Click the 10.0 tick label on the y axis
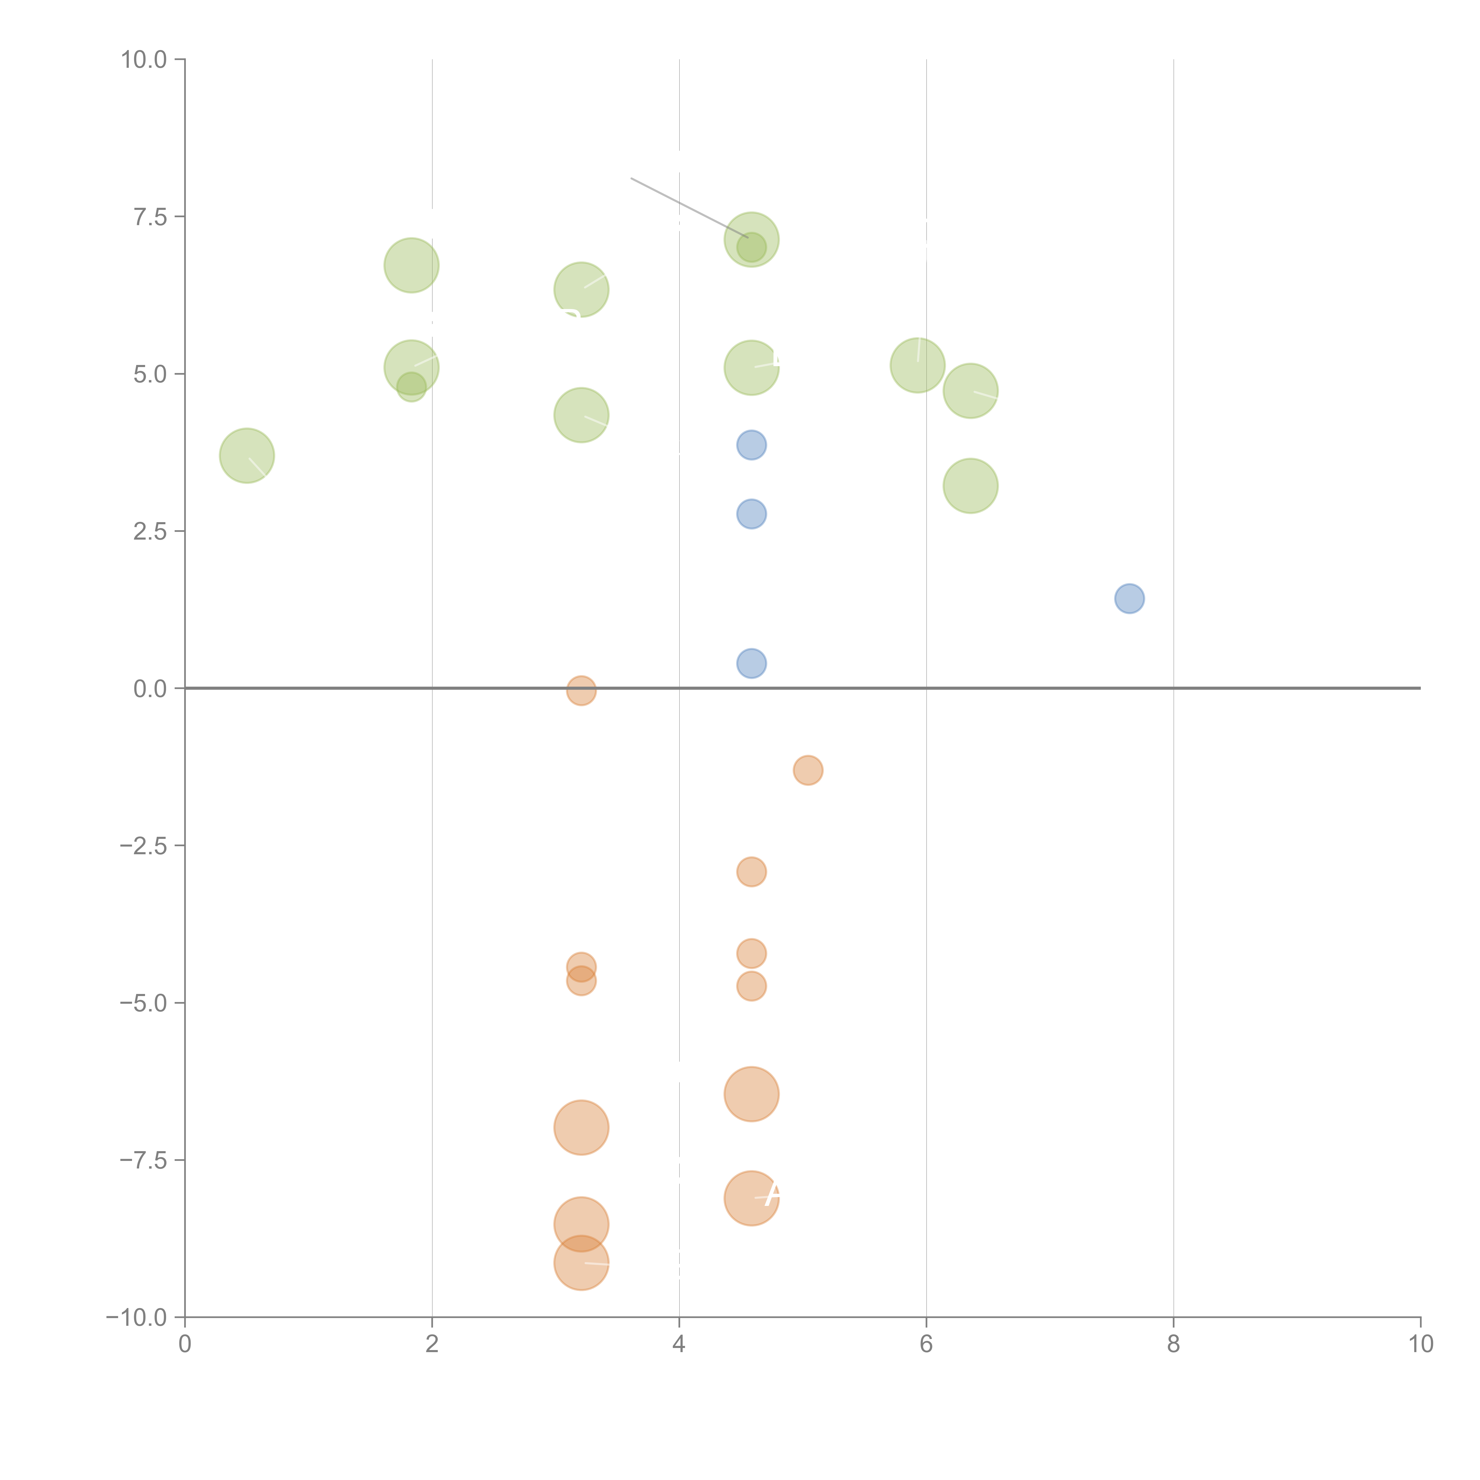click(144, 60)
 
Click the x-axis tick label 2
click(432, 1344)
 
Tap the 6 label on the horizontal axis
click(926, 1344)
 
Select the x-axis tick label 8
click(1174, 1344)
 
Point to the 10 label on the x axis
click(1420, 1344)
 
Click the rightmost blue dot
click(1129, 598)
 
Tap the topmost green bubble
click(752, 240)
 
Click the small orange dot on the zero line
click(581, 690)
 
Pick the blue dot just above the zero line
click(752, 663)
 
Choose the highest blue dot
click(752, 445)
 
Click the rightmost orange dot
click(808, 770)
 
